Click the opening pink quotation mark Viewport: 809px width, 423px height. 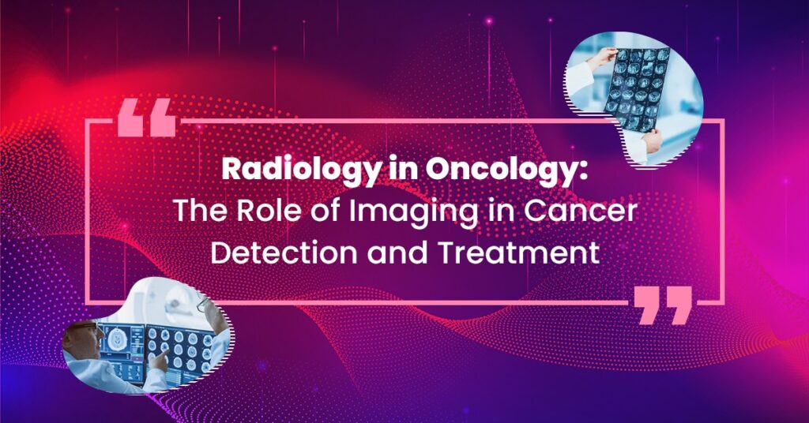coord(147,118)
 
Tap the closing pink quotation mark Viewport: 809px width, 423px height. coord(663,305)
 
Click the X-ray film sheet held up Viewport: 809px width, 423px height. coord(638,88)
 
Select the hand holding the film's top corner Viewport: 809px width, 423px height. coord(603,58)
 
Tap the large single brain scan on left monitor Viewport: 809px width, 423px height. coord(117,340)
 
